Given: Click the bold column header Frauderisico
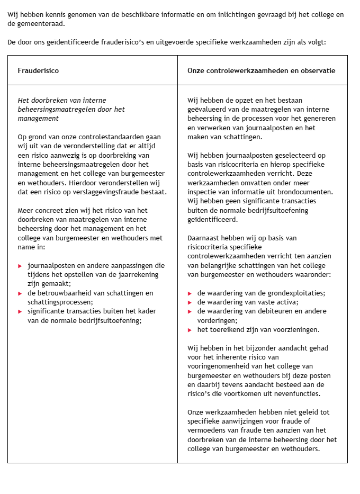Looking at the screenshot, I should click(38, 70).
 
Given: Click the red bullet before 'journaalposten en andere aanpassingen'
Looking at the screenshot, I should click(20, 265).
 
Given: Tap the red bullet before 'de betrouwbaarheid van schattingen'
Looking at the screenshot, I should click(20, 293).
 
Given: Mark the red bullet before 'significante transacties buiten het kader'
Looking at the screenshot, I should click(20, 311).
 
